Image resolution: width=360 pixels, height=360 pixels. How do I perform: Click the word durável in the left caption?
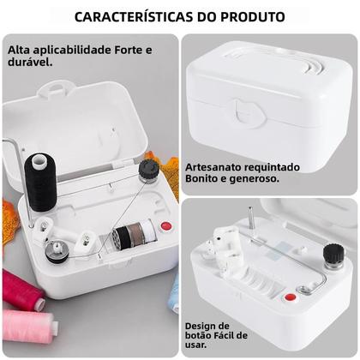31,63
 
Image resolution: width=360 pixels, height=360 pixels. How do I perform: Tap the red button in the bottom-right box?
291,297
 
